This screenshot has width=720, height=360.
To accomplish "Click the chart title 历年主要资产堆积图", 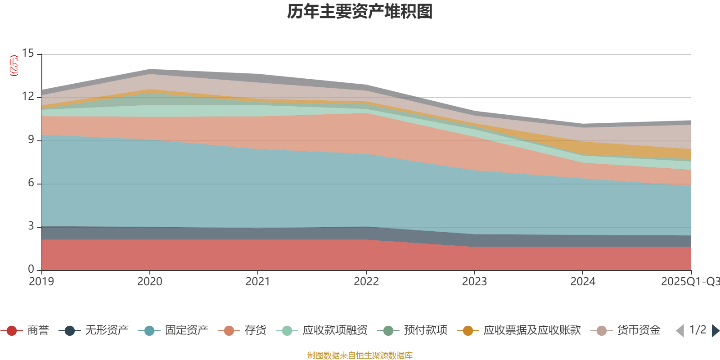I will coord(360,12).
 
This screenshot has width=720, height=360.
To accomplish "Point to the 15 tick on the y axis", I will coord(28,54).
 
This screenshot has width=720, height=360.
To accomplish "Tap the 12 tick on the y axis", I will coord(28,97).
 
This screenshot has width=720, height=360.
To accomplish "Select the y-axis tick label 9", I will coord(31,140).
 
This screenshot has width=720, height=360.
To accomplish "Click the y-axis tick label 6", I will coord(31,183).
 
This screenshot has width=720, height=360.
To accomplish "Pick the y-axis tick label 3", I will coord(31,226).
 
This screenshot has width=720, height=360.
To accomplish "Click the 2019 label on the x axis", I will coord(41,282).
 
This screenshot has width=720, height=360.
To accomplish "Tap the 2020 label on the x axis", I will coord(149,282).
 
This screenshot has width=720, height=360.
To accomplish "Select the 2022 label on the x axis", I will coord(366,282).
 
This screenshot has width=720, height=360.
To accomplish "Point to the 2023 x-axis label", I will coord(474,282).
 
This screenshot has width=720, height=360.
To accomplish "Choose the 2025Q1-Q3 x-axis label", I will coord(689,282).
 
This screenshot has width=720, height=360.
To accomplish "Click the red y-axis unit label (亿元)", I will coord(14,66).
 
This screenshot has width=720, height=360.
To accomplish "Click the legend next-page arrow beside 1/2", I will coord(715,331).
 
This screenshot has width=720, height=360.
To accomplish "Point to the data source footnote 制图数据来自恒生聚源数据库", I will coord(360,355).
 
